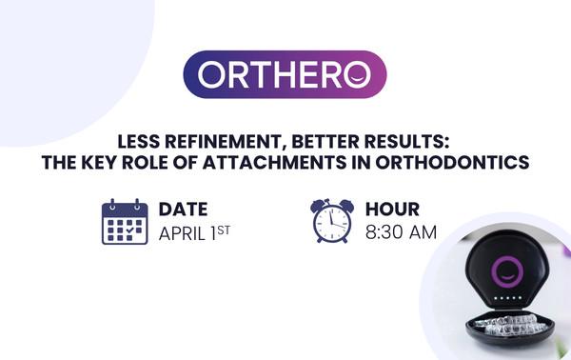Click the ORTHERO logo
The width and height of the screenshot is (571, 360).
285,74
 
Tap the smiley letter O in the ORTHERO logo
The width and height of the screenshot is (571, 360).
360,74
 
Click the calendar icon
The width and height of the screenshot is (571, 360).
125,222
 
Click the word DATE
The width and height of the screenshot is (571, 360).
184,209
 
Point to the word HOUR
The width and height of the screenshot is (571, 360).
392,209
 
